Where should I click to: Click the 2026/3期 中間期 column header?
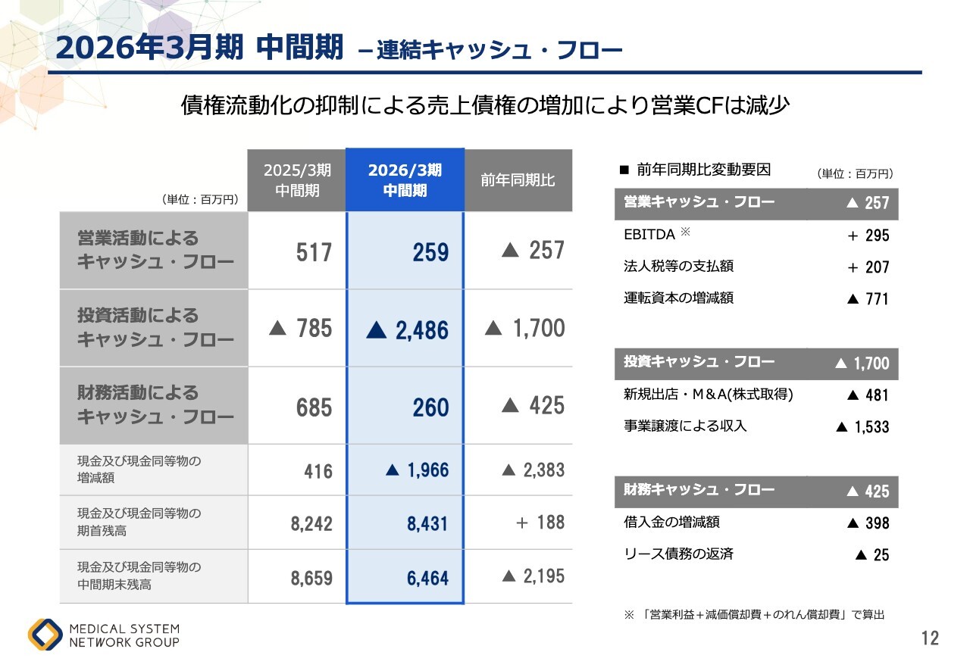click(x=405, y=180)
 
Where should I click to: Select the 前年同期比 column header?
click(x=518, y=180)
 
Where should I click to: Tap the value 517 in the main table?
click(x=314, y=252)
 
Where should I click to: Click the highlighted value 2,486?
click(x=408, y=330)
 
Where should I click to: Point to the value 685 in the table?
click(x=314, y=408)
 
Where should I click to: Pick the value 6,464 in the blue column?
click(x=427, y=579)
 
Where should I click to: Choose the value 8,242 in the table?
click(x=311, y=523)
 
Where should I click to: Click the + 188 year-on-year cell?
click(x=540, y=523)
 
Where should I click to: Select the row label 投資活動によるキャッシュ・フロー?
click(x=155, y=328)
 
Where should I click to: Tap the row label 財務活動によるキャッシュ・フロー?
click(x=155, y=405)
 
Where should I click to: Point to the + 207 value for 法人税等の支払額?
click(x=868, y=267)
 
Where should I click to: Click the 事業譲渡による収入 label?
click(x=684, y=426)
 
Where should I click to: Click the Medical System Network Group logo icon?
click(x=45, y=635)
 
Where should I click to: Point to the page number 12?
click(x=930, y=638)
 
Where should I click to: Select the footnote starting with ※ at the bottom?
click(x=753, y=615)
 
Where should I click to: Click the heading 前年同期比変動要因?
click(x=703, y=170)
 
